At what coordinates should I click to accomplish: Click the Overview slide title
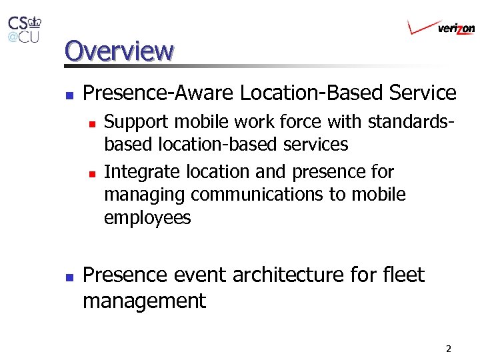point(119,51)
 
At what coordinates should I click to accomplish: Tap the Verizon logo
point(441,27)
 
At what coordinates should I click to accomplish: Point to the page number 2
point(448,349)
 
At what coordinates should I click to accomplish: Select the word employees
point(147,218)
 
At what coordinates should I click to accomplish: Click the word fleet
point(404,275)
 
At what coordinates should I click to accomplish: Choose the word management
point(144,301)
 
